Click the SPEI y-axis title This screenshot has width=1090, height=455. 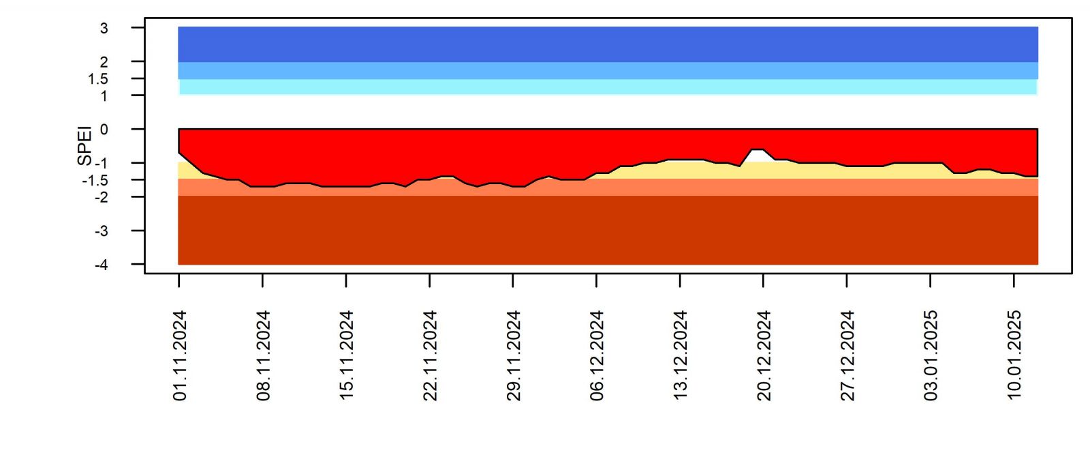click(84, 145)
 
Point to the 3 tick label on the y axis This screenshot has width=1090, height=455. click(104, 29)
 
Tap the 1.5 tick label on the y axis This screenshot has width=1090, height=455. click(98, 79)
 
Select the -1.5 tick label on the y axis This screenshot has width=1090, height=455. click(95, 181)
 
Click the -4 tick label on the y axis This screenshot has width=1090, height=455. click(102, 265)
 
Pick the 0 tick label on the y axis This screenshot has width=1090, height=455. click(104, 130)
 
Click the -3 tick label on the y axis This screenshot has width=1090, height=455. click(102, 231)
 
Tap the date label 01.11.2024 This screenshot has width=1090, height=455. click(180, 355)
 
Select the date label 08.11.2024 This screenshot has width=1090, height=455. click(264, 355)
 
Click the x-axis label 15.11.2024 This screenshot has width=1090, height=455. click(347, 355)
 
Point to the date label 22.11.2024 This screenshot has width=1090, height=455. click(431, 355)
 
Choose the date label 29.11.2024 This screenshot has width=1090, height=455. click(514, 355)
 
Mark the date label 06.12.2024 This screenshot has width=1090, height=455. click(597, 355)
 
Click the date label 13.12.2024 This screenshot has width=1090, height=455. click(681, 355)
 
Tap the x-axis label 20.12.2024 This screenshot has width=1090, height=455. click(764, 355)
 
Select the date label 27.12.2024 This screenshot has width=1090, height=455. click(847, 355)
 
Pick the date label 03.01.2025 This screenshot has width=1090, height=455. click(931, 355)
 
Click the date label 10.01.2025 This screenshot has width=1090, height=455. click(1014, 355)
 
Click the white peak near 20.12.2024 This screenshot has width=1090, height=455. click(757, 156)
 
